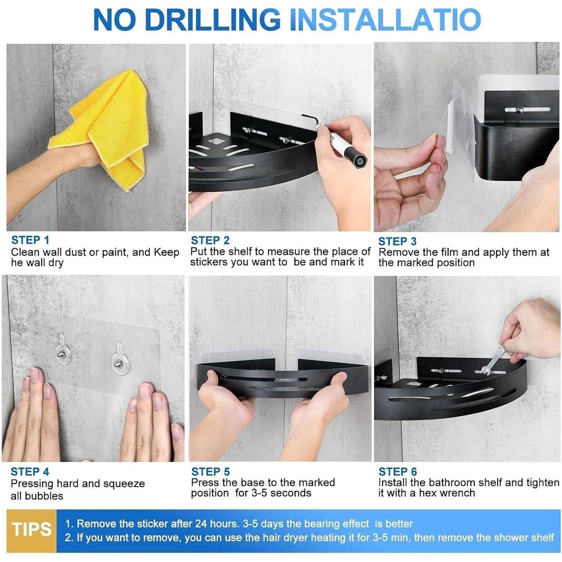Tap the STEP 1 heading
30,240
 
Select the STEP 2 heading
210,240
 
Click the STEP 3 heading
398,241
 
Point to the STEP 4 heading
30,472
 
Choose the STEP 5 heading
211,472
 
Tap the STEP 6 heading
398,472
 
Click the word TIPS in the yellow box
31,529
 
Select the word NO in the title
111,19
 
